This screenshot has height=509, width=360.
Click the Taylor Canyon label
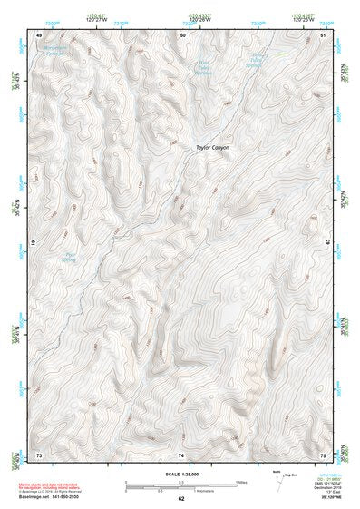(213, 147)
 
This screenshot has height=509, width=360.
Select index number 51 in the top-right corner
(324, 34)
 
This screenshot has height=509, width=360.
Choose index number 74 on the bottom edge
(181, 453)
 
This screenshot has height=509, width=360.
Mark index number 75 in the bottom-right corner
(324, 453)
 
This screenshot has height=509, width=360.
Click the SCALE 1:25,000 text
(181, 471)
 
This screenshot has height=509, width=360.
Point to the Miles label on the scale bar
(242, 481)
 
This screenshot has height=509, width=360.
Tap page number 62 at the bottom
(181, 499)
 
